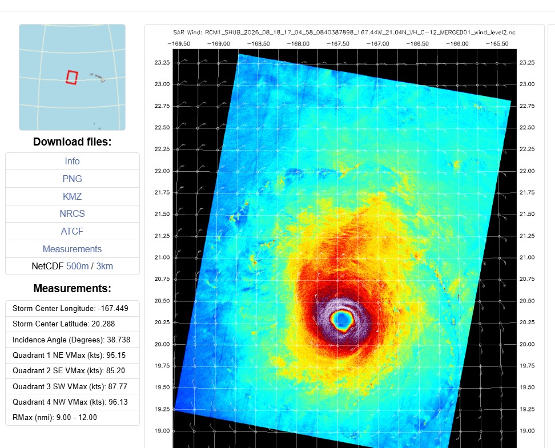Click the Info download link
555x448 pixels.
(72, 161)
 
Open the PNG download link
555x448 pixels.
(72, 179)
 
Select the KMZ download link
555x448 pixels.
(72, 196)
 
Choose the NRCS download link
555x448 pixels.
(72, 214)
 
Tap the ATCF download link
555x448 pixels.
(72, 231)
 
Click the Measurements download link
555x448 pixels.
(72, 249)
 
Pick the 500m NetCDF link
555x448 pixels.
(77, 266)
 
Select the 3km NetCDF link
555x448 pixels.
(104, 266)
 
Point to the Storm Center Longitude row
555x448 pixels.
(73, 308)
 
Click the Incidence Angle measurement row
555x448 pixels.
(73, 340)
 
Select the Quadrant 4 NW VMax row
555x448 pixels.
(73, 402)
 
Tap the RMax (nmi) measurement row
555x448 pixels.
(73, 418)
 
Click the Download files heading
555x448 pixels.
(72, 142)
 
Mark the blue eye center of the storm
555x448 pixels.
(342, 320)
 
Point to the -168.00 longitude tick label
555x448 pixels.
(298, 43)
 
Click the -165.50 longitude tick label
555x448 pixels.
(497, 43)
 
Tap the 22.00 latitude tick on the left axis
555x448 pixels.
(162, 171)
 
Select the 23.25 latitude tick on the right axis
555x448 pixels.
(527, 63)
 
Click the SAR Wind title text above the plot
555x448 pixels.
(344, 33)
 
